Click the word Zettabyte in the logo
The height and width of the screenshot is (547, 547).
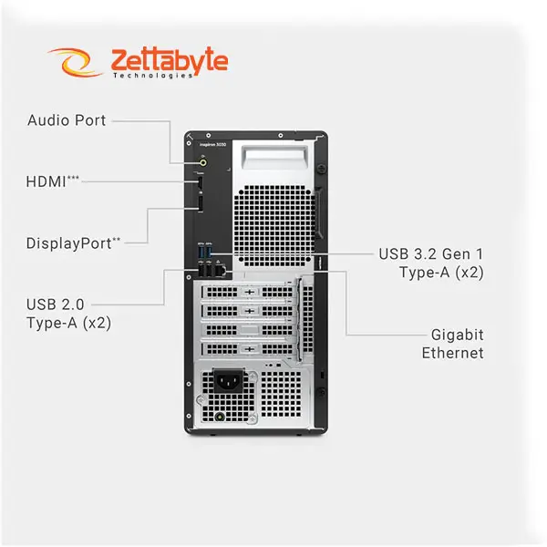tap(169, 60)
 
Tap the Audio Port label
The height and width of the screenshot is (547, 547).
tap(67, 119)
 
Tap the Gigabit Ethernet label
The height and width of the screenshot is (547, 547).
tap(452, 343)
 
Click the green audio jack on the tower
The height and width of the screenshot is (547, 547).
tap(202, 161)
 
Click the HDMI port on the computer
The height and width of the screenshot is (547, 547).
tap(198, 187)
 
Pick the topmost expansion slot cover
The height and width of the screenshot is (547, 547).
tap(246, 293)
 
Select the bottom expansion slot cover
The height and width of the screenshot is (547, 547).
tap(246, 349)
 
